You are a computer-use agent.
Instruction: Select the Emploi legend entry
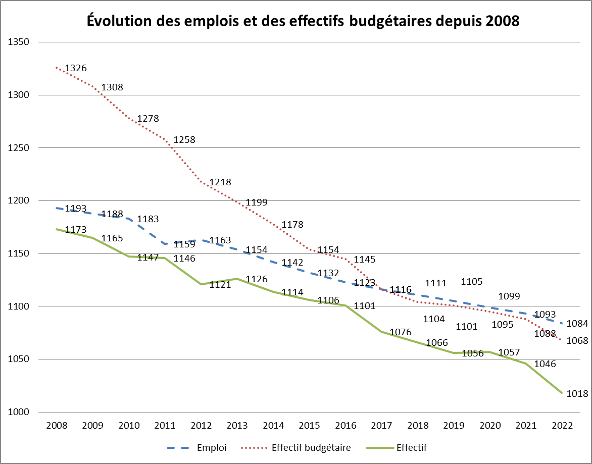[212, 447]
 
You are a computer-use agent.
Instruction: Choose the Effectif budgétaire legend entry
[311, 447]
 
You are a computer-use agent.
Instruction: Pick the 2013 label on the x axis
[237, 426]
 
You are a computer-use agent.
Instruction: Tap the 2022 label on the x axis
[562, 426]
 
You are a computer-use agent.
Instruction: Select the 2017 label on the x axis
[382, 426]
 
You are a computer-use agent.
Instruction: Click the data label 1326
[76, 68]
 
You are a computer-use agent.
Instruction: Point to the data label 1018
[577, 393]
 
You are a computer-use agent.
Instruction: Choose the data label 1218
[220, 182]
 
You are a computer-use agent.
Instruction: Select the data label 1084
[577, 324]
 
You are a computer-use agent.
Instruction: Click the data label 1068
[577, 341]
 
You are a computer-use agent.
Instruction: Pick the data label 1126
[257, 279]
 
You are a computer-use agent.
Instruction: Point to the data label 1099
[509, 296]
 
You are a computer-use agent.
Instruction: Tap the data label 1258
[184, 140]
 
